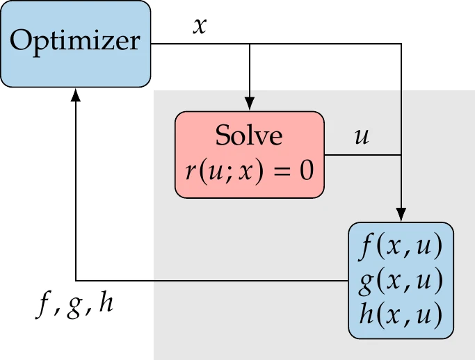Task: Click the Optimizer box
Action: pos(76,43)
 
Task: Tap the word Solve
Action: pos(249,136)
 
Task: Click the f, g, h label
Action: pos(77,304)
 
